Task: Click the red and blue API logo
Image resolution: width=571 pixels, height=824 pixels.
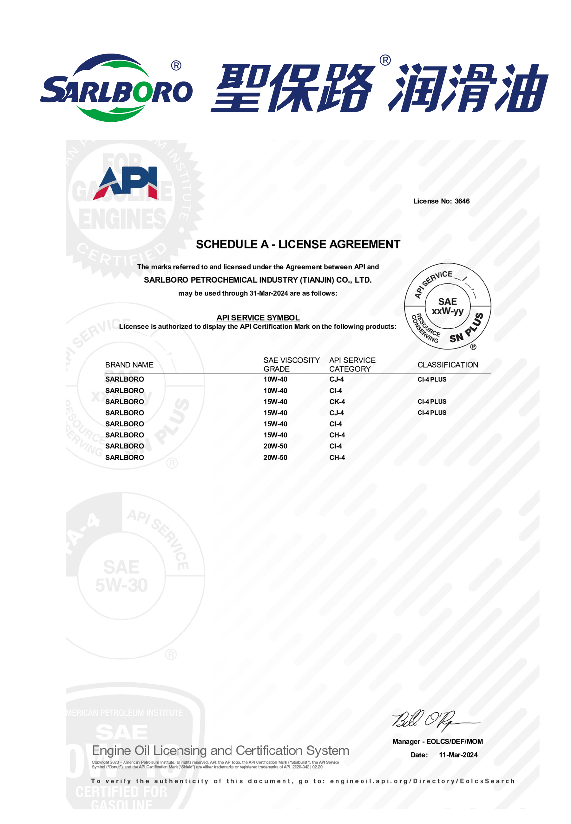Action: coord(125,183)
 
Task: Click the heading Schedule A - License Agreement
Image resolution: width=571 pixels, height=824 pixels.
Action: coord(298,244)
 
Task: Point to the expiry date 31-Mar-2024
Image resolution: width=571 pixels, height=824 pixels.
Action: coord(268,293)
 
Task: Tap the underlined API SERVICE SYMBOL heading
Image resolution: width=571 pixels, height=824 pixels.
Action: coord(258,318)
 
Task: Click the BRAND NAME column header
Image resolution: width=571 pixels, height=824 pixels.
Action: coord(129,364)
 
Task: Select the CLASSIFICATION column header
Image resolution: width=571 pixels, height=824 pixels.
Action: coord(448,364)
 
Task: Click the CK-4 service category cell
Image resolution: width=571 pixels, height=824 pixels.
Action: coord(337,402)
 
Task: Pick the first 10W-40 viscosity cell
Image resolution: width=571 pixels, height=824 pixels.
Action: coord(275,379)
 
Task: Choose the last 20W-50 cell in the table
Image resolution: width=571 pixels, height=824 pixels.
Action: coord(275,457)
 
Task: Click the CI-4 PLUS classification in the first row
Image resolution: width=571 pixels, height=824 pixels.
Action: coord(432,379)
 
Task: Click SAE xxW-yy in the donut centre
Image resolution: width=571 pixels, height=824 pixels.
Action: coord(447,306)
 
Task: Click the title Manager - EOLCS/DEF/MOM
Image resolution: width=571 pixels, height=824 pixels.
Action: coord(437,742)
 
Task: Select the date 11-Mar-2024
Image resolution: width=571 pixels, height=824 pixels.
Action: coord(458,755)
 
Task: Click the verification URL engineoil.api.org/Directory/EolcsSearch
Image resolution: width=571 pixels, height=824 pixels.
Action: coord(422,781)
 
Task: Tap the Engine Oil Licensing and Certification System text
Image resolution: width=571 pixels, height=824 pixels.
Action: coord(220,750)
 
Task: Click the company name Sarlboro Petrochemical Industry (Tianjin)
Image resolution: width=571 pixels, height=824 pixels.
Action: coord(258,280)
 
